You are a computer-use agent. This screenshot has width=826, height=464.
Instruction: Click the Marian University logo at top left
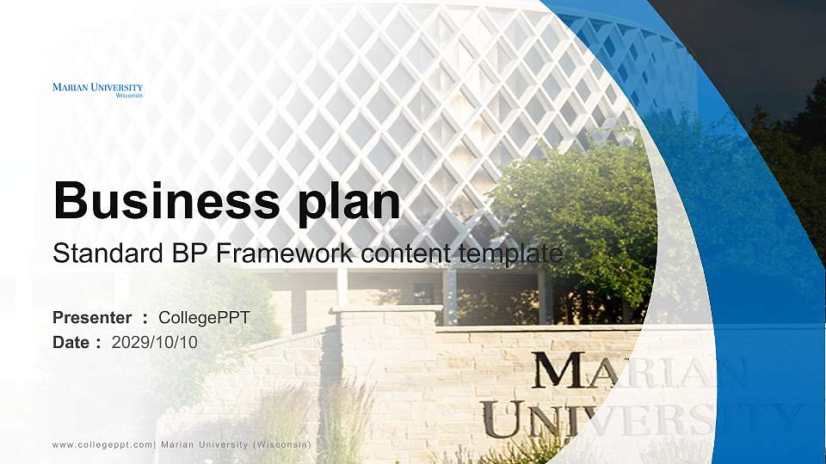[x=97, y=89]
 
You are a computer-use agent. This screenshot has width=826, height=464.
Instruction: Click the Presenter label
[x=92, y=318]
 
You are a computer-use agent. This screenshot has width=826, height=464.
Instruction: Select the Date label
[x=71, y=343]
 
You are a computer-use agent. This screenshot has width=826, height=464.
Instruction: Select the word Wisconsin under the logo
[x=129, y=95]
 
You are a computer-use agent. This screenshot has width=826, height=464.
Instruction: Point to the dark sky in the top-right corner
[x=757, y=43]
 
